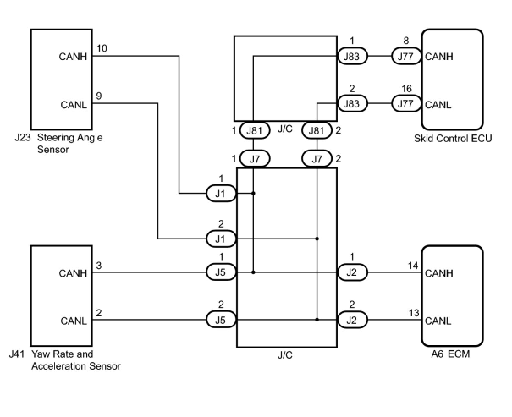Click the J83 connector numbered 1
click(x=352, y=56)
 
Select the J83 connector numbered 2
click(x=352, y=104)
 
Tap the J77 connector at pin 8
click(x=406, y=56)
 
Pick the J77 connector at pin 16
click(x=406, y=104)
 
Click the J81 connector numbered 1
click(x=255, y=130)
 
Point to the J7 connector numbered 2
click(x=317, y=159)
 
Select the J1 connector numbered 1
click(x=221, y=193)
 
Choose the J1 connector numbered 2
click(x=221, y=239)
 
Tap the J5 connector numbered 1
click(x=221, y=272)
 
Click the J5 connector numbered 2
click(x=221, y=319)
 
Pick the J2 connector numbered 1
click(x=352, y=272)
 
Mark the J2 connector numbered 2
click(x=352, y=320)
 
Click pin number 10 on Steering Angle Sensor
click(x=102, y=48)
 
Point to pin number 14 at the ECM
click(x=413, y=266)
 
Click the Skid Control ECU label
click(x=453, y=138)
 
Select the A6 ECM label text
click(x=451, y=354)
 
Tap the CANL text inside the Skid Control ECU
click(x=438, y=105)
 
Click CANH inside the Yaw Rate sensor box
click(x=73, y=273)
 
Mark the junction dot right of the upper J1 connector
click(x=253, y=193)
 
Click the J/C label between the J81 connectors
click(x=285, y=129)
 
